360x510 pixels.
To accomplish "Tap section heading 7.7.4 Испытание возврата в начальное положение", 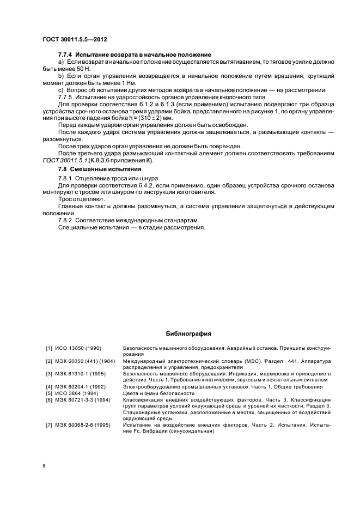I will (x=135, y=56).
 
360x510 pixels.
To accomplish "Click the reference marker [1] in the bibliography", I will (x=48, y=348).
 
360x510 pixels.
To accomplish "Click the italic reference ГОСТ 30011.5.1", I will (x=65, y=161).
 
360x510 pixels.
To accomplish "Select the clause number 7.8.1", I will (x=65, y=178).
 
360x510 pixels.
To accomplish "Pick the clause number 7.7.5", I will (x=65, y=97).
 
